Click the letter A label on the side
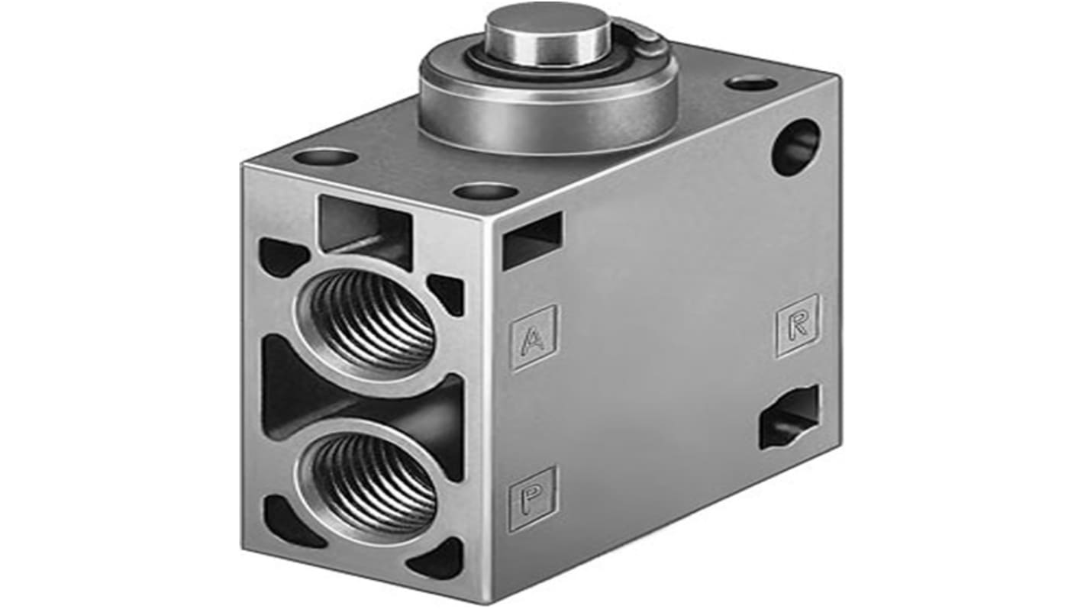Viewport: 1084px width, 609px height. tap(534, 337)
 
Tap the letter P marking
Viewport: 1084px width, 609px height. tap(533, 498)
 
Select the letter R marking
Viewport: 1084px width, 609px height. tap(797, 325)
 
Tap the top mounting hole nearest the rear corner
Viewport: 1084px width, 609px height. tap(751, 82)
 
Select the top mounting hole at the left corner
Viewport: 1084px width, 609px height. tap(326, 157)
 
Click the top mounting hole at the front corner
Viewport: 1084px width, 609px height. tap(485, 191)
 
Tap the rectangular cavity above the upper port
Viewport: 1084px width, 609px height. tap(366, 222)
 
